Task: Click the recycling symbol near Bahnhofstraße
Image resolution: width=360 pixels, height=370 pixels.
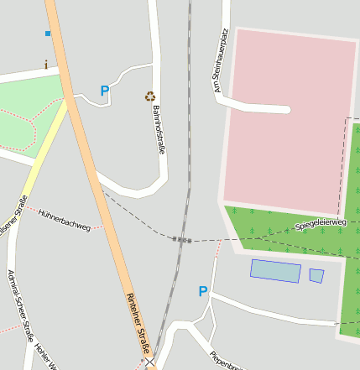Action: coord(150,96)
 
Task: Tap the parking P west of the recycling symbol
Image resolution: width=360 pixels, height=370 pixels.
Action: coord(105,91)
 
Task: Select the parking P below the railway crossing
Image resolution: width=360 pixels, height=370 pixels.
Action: coord(202,291)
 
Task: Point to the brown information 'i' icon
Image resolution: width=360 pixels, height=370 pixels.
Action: coord(45,65)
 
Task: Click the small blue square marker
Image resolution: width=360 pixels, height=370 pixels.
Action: coord(48,34)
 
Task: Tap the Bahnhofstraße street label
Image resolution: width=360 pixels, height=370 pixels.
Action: coord(159,130)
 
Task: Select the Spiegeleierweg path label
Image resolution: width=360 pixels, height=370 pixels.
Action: coord(321,225)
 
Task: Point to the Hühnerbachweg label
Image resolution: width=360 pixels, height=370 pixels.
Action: coord(64,220)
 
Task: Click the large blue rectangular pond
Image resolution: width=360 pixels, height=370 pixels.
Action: coord(275,270)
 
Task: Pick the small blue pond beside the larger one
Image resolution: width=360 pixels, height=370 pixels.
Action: coord(316,275)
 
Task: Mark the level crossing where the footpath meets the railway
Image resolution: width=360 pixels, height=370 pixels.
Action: coord(182,240)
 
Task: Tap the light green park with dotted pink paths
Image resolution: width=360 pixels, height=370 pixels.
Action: coord(29,117)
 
